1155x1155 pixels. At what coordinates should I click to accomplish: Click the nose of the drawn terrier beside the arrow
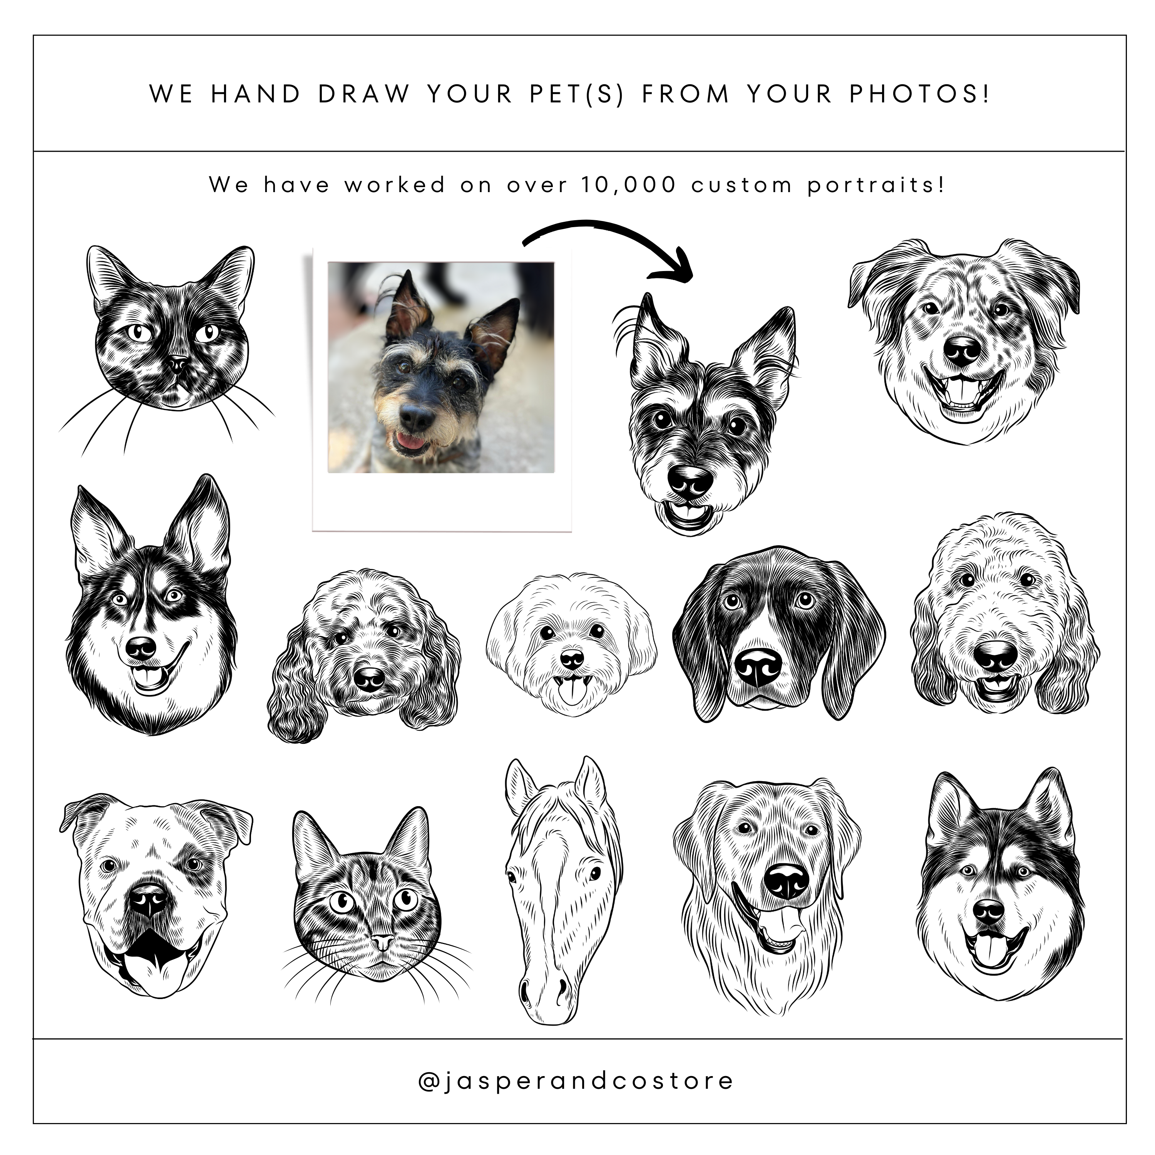click(x=690, y=480)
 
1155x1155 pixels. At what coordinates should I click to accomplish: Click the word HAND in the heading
click(x=256, y=94)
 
